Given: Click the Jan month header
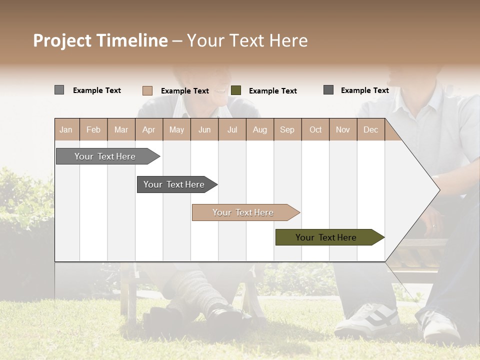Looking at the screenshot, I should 66,130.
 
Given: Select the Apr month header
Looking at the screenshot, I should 149,130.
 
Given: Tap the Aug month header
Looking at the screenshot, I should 260,130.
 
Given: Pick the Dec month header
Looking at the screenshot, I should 371,130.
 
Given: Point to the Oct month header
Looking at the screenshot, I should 315,130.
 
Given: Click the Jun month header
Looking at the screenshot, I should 204,130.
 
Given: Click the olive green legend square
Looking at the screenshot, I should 236,90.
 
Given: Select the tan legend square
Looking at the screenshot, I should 147,90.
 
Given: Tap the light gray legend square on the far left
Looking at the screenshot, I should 59,90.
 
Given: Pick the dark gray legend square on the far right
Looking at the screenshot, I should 328,90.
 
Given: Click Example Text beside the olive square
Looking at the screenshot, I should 272,91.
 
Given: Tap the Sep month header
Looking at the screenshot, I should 287,130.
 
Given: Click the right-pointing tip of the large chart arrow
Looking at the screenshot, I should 437,190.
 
